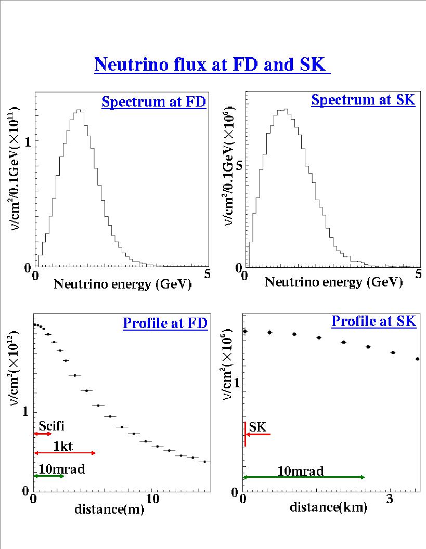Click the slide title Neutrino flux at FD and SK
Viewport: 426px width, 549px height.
[x=212, y=64]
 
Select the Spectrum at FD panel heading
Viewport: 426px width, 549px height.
[x=154, y=102]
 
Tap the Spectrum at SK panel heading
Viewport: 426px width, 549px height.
[x=363, y=100]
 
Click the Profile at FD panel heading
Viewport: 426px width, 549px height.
[x=165, y=323]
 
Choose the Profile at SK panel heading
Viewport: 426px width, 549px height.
[x=373, y=321]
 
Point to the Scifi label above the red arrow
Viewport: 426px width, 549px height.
[x=51, y=426]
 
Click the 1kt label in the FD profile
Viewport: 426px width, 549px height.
[x=62, y=446]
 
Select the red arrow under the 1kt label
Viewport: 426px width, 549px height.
[x=65, y=453]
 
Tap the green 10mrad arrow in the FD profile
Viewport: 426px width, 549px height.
[x=48, y=476]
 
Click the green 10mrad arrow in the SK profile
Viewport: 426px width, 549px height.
[x=304, y=477]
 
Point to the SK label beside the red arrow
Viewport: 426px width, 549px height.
[x=257, y=427]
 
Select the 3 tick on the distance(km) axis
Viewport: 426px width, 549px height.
[x=390, y=500]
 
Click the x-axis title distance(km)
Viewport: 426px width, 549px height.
[x=328, y=507]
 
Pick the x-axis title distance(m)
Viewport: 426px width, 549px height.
[x=109, y=509]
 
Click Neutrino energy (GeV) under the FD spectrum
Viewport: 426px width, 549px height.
[x=123, y=284]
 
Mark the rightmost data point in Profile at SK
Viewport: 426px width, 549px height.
[x=418, y=359]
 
